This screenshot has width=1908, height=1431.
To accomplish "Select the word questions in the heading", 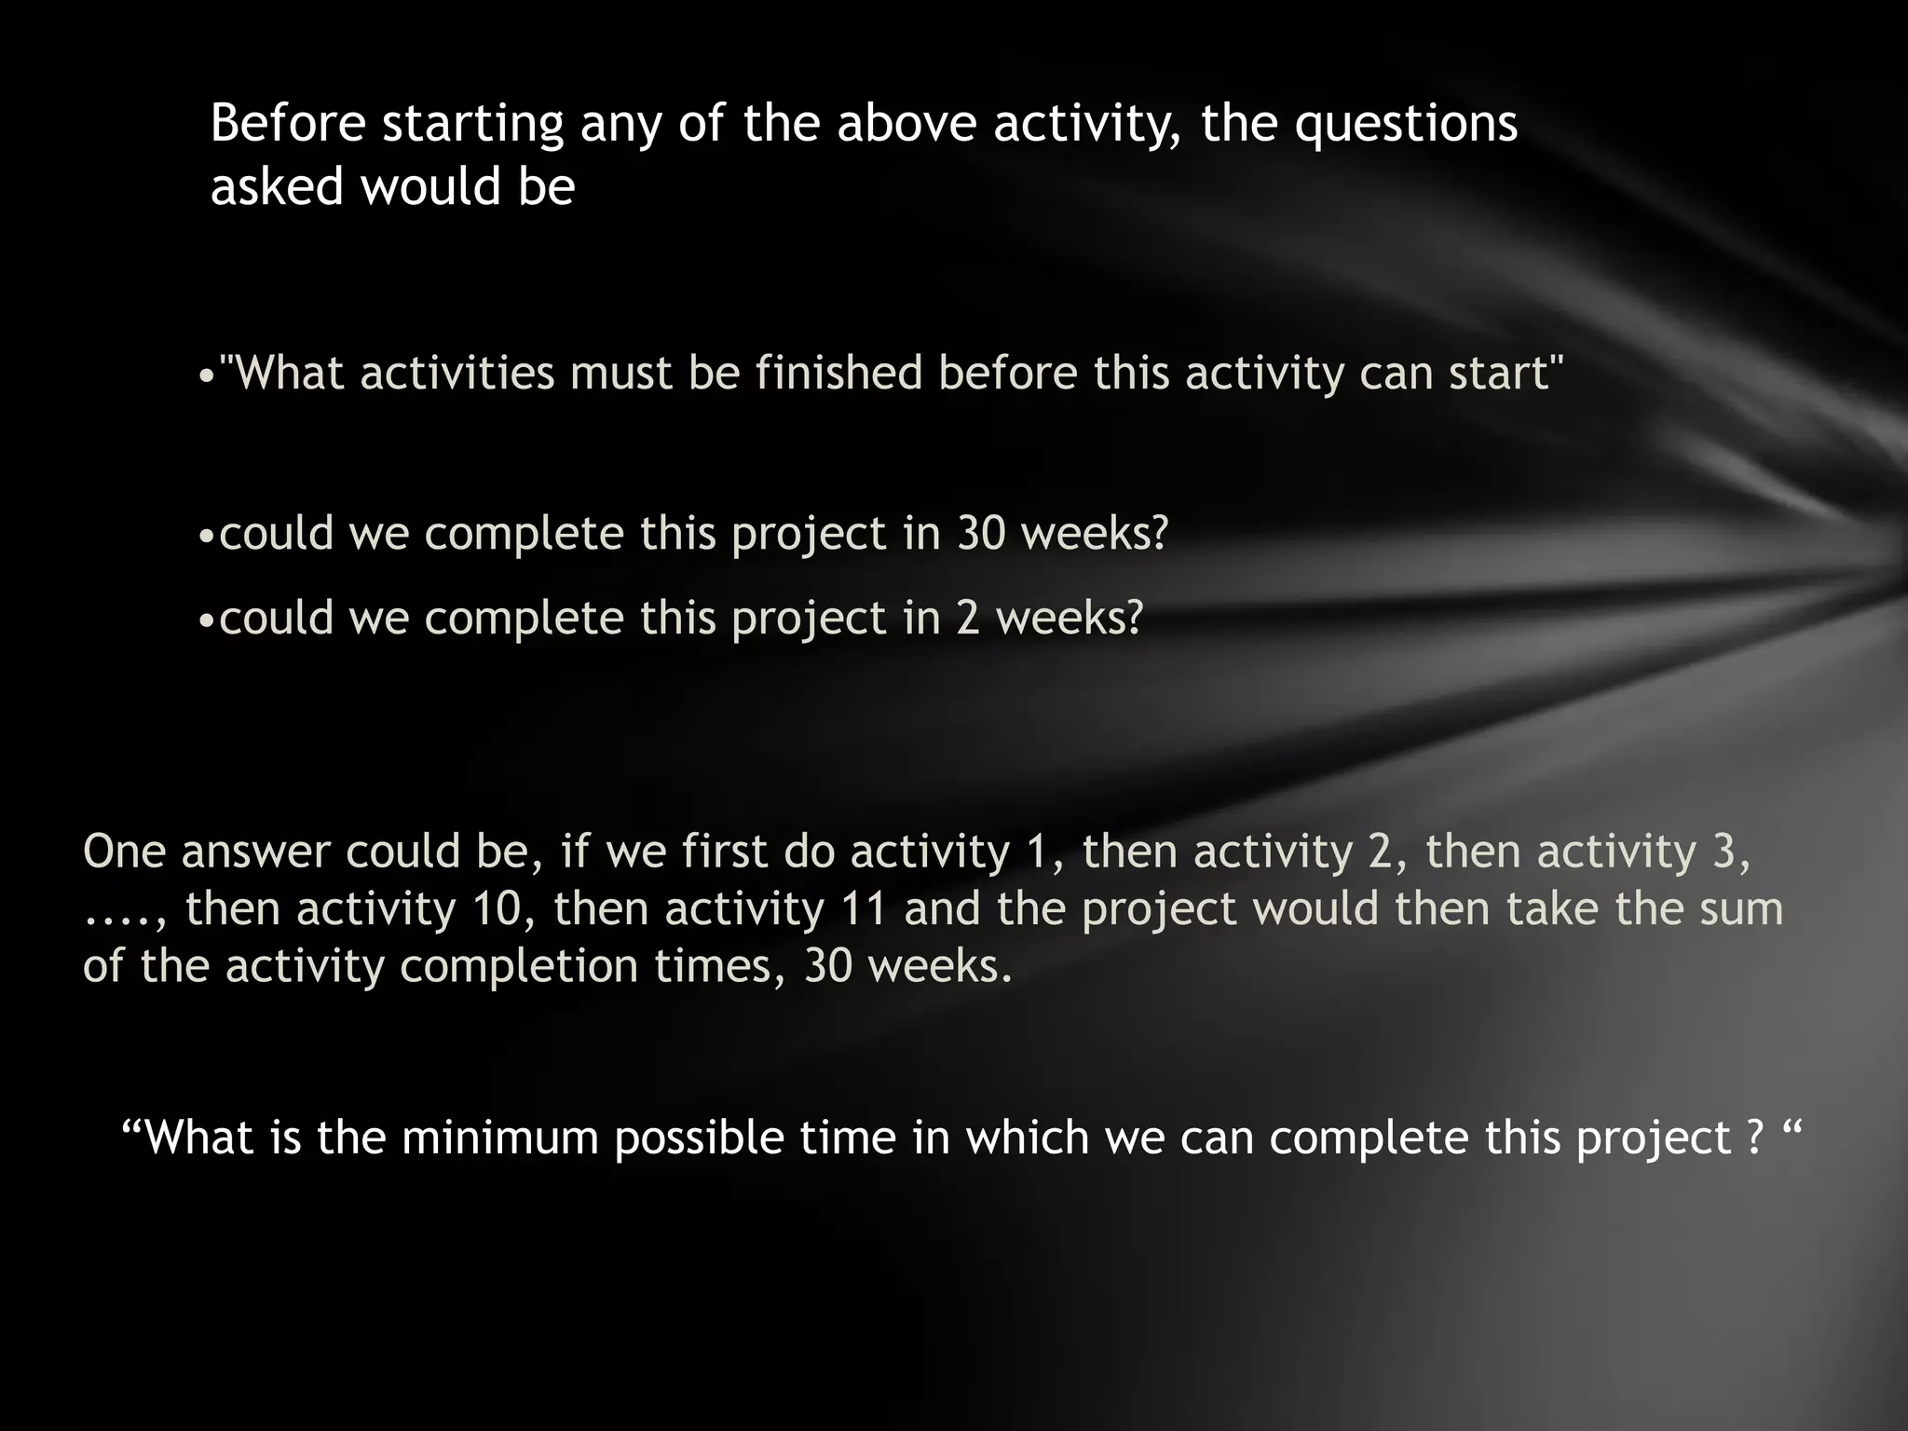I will (1407, 125).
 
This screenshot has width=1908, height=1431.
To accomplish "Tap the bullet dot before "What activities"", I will (206, 375).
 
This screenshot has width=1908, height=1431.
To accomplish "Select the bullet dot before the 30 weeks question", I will (208, 537).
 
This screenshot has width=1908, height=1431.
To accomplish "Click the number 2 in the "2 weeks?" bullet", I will (969, 618).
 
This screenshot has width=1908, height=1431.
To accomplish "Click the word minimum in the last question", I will (500, 1138).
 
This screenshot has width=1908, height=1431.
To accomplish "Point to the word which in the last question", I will (1027, 1138).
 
